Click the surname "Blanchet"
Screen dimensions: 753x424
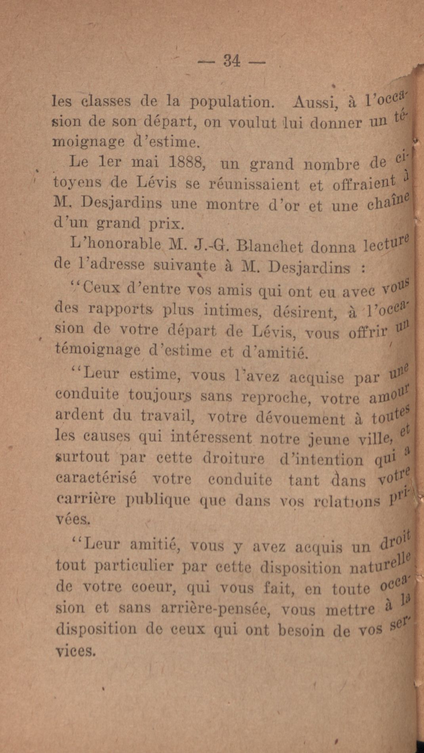pyautogui.click(x=269, y=247)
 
